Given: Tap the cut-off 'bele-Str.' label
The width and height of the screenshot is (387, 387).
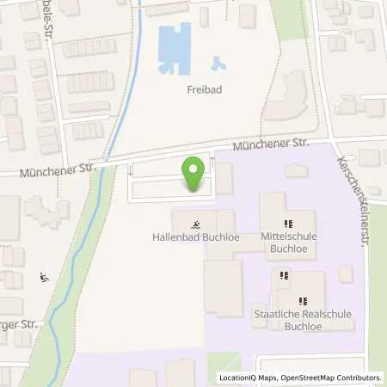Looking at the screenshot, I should pyautogui.click(x=52, y=19).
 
